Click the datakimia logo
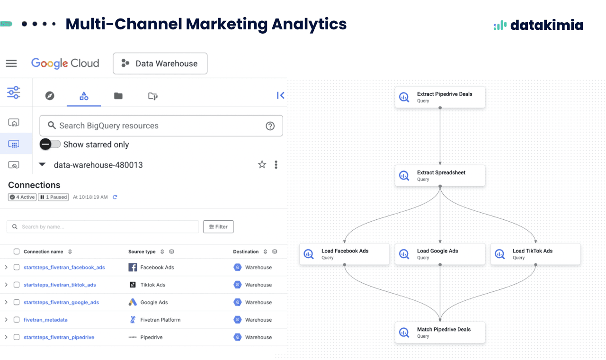[538, 25]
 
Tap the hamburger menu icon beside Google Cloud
[11, 63]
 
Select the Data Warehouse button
[160, 63]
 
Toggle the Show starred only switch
[50, 144]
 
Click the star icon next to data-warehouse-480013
[262, 165]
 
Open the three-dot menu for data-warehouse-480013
[276, 165]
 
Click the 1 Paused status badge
[53, 197]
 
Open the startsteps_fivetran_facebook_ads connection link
[64, 268]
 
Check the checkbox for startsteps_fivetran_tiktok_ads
[17, 285]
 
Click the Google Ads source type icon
[133, 302]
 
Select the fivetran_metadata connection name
[45, 320]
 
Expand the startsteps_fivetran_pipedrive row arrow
[6, 337]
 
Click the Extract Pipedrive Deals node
[440, 97]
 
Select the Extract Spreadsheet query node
[440, 176]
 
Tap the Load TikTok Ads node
[535, 254]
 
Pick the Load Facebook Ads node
[344, 254]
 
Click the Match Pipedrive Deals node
[440, 333]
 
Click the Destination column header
[246, 252]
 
